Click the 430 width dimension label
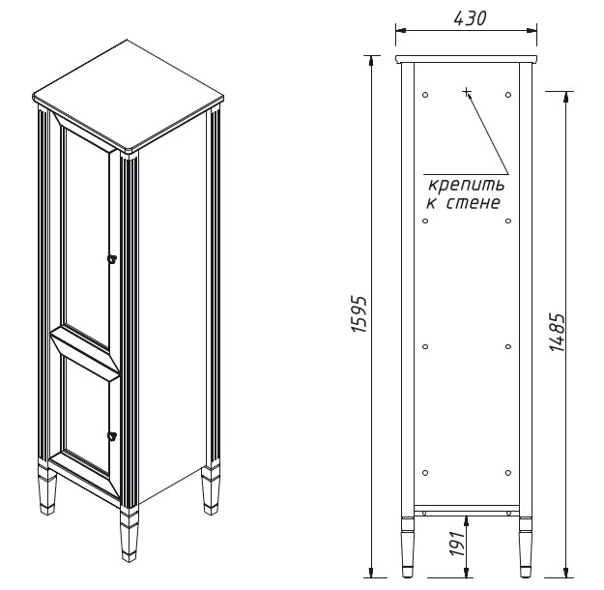(x=470, y=18)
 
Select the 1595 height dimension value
(x=360, y=314)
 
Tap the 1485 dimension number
(x=557, y=332)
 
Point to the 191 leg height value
(x=458, y=544)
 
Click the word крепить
(x=466, y=186)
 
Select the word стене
(x=473, y=203)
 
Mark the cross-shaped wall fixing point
(x=467, y=92)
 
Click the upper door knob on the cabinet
(x=112, y=259)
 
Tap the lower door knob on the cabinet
(x=112, y=435)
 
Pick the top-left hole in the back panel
(x=425, y=95)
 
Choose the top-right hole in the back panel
(x=508, y=95)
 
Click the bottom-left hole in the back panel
(x=425, y=473)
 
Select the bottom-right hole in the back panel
(x=508, y=473)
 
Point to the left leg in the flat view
(x=408, y=547)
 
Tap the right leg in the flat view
(x=526, y=547)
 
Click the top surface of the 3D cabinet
(x=129, y=95)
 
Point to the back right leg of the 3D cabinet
(x=211, y=490)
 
